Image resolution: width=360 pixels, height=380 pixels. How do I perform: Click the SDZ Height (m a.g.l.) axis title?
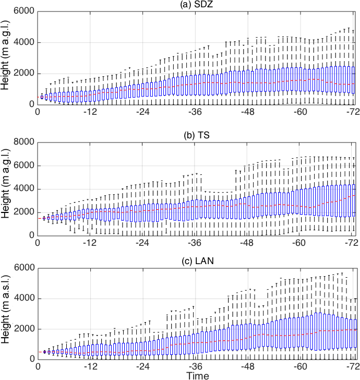point(6,58)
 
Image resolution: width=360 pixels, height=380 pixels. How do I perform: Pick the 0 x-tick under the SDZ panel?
point(38,112)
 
